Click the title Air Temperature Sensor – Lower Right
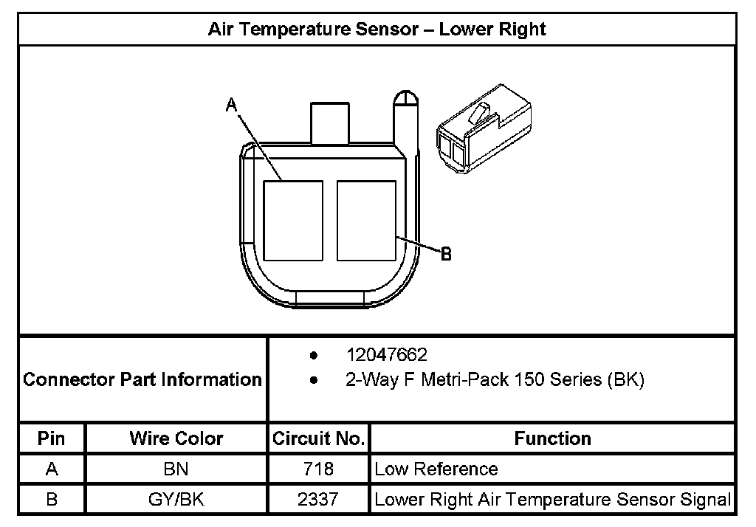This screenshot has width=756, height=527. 377,30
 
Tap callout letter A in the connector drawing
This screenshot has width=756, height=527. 231,106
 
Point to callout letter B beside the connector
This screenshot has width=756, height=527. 446,255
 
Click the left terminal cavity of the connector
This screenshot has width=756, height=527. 293,220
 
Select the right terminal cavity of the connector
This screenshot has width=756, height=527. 366,220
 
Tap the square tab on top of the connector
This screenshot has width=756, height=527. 331,123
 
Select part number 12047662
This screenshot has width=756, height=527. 386,355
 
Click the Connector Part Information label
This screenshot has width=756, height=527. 142,379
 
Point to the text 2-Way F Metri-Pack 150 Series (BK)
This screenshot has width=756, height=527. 495,380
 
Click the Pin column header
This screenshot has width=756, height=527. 52,438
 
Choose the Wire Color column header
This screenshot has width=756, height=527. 176,438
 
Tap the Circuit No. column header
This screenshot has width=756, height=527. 318,438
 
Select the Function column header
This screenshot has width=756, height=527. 552,438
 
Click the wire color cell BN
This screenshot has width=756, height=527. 176,469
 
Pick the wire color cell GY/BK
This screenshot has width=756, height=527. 176,499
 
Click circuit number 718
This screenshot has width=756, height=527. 318,469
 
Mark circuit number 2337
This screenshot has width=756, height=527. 318,499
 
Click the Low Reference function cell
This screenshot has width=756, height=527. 436,469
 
